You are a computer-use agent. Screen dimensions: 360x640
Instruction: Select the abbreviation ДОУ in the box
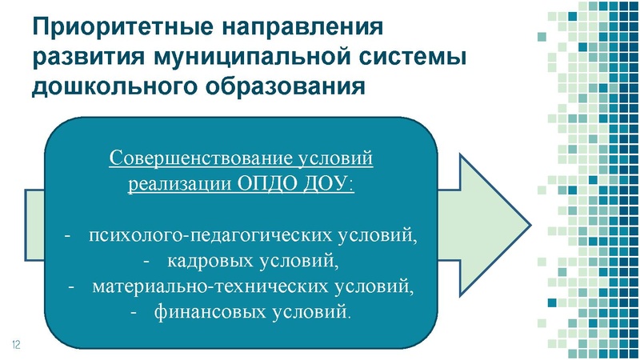pyautogui.click(x=328, y=183)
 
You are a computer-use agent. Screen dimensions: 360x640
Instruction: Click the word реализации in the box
pyautogui.click(x=180, y=183)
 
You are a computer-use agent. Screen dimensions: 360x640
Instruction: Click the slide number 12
pyautogui.click(x=15, y=343)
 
